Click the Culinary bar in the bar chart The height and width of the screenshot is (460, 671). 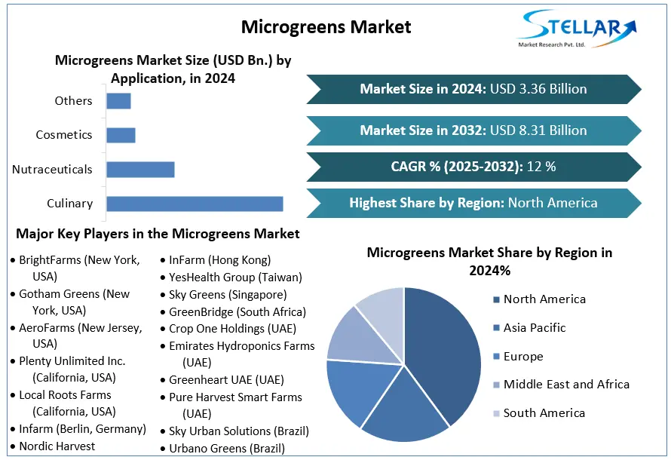(x=195, y=204)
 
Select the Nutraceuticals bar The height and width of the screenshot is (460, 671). (x=140, y=170)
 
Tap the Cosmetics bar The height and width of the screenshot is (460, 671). (x=121, y=135)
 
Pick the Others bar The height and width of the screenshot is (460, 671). (x=118, y=101)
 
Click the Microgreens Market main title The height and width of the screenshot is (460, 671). (x=326, y=27)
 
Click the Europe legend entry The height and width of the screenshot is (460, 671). (x=523, y=356)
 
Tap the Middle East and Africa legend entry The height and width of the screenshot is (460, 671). (x=566, y=384)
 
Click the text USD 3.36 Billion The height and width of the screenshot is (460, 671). (x=538, y=89)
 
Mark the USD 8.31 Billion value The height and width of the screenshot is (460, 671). (x=538, y=130)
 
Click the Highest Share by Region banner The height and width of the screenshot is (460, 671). (x=473, y=203)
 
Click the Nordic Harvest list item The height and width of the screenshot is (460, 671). (x=57, y=446)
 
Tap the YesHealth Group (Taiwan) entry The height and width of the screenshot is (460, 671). (x=234, y=278)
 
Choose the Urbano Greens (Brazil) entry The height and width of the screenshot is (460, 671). (x=226, y=448)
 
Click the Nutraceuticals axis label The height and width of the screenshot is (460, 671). (x=52, y=170)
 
